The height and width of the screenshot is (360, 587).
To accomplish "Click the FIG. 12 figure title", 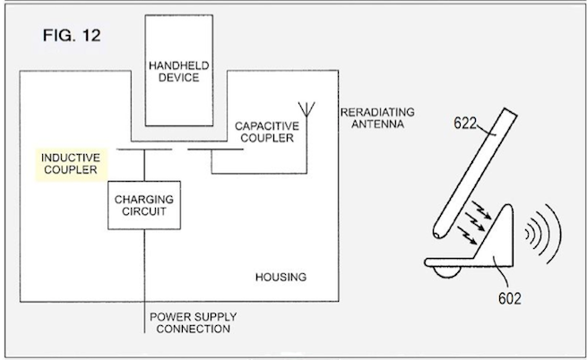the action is pyautogui.click(x=72, y=36).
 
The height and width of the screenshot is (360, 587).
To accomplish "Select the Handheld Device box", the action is pyautogui.click(x=179, y=71).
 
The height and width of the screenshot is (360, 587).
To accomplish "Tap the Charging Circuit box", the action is pyautogui.click(x=144, y=205).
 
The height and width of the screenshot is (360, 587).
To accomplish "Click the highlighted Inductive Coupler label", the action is pyautogui.click(x=71, y=164).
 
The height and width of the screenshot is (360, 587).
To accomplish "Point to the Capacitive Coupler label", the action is pyautogui.click(x=267, y=133).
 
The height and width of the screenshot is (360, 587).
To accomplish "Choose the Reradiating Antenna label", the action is pyautogui.click(x=377, y=118).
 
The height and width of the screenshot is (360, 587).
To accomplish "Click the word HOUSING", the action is pyautogui.click(x=281, y=278).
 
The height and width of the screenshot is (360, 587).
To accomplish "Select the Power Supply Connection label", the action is pyautogui.click(x=194, y=323).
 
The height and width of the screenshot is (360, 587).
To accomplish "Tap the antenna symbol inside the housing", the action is pyautogui.click(x=306, y=109).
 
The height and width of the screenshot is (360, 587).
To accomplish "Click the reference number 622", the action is pyautogui.click(x=465, y=123).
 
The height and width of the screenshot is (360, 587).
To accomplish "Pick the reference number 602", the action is pyautogui.click(x=510, y=298).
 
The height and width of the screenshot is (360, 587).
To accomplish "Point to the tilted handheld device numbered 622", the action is pyautogui.click(x=475, y=174).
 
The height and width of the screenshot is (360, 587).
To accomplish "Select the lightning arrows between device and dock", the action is pyautogui.click(x=474, y=223).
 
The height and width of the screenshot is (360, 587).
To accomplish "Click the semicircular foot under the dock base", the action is pyautogui.click(x=446, y=272).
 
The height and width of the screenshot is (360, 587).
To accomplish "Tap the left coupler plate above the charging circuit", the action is pyautogui.click(x=144, y=150).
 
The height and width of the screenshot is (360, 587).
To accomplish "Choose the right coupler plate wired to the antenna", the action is pyautogui.click(x=216, y=150).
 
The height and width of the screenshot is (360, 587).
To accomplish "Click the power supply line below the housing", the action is pyautogui.click(x=144, y=317).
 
